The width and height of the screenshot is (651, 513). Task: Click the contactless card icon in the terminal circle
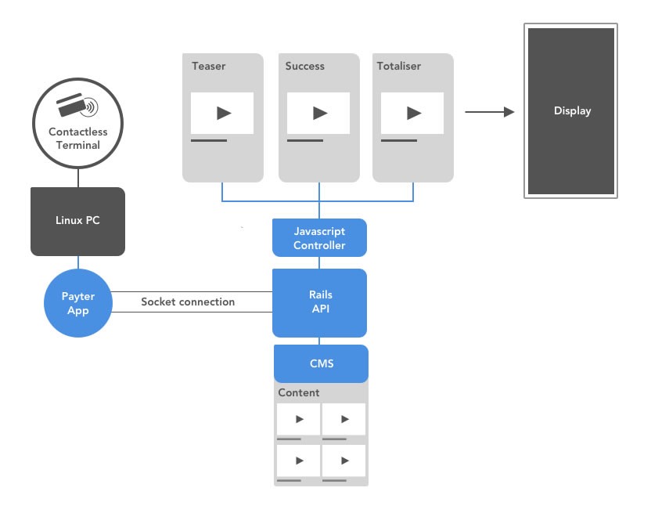[x=77, y=106]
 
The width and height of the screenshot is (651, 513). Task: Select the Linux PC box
[x=77, y=221]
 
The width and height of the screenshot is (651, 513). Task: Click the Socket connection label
[x=188, y=302]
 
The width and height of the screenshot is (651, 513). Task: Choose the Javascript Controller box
[x=319, y=238]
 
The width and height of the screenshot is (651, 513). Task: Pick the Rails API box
[x=319, y=302]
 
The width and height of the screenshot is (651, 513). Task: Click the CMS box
[x=320, y=363]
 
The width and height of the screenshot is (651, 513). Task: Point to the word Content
[x=299, y=392]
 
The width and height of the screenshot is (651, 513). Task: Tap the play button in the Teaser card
[x=223, y=113]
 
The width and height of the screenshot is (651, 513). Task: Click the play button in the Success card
[x=319, y=113]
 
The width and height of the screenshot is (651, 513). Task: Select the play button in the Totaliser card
[x=414, y=113]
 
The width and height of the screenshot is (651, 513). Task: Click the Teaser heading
[x=208, y=66]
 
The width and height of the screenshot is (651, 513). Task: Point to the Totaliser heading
[x=398, y=66]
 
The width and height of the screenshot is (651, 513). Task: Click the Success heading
[x=304, y=66]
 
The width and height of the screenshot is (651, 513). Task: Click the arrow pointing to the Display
[x=490, y=112]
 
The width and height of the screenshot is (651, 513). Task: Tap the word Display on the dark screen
[x=572, y=110]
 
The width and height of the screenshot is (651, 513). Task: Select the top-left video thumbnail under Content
[x=298, y=419]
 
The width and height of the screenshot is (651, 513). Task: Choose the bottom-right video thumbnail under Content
[x=344, y=461]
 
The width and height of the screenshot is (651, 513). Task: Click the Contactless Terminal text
[x=77, y=139]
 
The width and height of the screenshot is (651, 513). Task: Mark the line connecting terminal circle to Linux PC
[x=77, y=177]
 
